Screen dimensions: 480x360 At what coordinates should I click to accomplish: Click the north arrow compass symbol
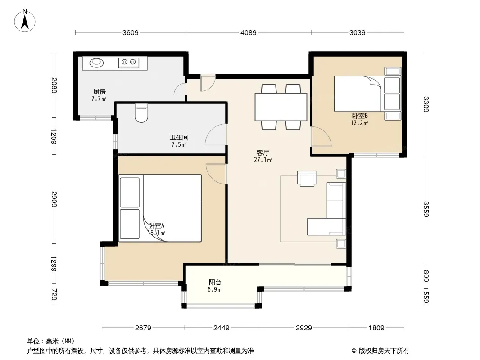[25, 21]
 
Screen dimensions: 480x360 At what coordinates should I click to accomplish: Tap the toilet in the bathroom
[141, 112]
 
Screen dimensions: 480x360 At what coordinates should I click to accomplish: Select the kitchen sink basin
[97, 63]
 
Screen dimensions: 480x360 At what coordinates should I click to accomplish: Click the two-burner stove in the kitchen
[129, 63]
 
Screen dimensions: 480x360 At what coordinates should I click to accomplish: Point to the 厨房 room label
[100, 91]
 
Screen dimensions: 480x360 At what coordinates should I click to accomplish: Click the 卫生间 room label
[179, 137]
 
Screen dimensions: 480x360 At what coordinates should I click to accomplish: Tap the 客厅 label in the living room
[263, 153]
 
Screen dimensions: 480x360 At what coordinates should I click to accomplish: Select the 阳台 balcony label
[215, 282]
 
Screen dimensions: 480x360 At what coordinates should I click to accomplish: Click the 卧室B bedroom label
[360, 116]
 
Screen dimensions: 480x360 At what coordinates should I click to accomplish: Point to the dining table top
[281, 107]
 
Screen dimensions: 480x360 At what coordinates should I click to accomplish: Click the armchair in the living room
[307, 179]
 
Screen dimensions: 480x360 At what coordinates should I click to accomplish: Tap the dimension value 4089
[248, 32]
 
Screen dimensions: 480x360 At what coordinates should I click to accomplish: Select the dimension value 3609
[131, 32]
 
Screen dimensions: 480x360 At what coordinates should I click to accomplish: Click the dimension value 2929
[303, 328]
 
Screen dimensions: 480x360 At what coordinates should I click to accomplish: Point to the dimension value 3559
[426, 209]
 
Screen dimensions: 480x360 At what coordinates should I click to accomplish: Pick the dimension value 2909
[54, 199]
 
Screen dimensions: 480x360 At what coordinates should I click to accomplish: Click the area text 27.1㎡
[263, 160]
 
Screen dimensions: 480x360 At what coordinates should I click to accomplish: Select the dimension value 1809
[376, 328]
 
